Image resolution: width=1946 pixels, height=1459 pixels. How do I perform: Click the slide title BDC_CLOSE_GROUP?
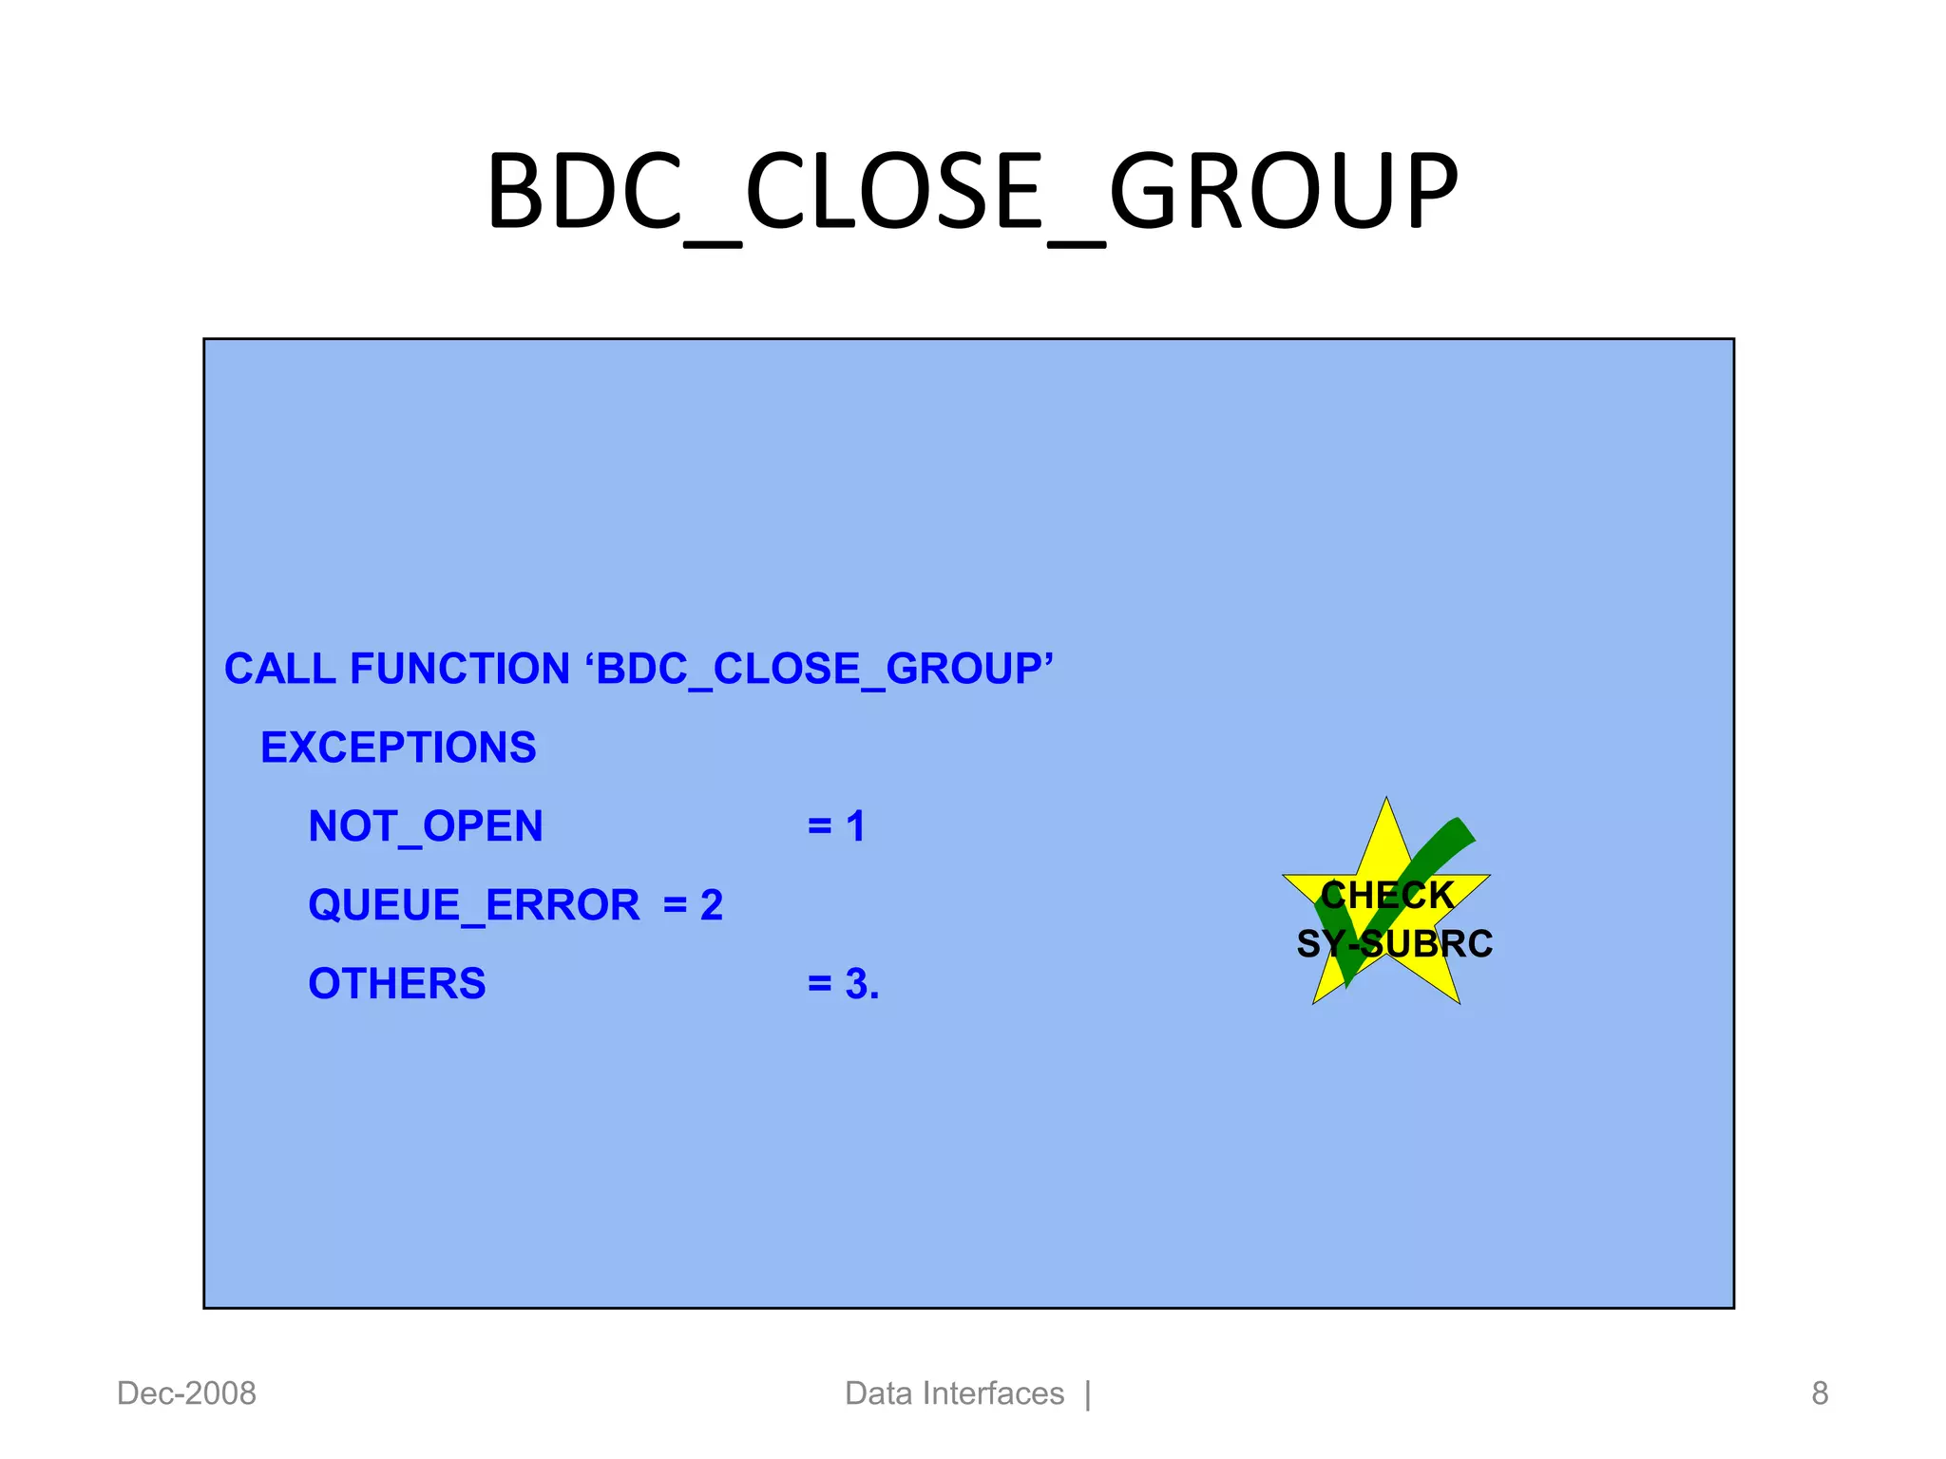coord(971,193)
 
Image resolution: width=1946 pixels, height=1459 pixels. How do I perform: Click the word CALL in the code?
coord(279,669)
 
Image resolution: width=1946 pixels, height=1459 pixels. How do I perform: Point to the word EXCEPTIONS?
coord(398,748)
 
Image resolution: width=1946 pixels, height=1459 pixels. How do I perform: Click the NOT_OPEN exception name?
coord(426,826)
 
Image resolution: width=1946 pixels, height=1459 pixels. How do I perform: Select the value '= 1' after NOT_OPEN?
coord(836,826)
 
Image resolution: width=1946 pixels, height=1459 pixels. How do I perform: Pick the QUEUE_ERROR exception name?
coord(474,905)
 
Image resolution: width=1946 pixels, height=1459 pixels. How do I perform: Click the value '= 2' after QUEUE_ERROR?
coord(693,905)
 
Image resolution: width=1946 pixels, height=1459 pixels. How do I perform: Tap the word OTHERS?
coord(397,984)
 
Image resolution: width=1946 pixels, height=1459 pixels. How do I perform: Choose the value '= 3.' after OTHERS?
coord(843,984)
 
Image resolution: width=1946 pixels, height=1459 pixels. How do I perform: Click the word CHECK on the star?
coord(1388,896)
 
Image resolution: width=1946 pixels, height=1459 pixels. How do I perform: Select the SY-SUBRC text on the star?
coord(1394,944)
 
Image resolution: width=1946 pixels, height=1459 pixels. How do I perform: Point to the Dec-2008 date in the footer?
coord(186,1393)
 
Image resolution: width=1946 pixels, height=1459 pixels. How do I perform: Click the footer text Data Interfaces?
coord(954,1393)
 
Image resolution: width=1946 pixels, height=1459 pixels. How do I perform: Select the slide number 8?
coord(1820,1393)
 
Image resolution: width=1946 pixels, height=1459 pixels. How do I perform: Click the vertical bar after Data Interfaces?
coord(1088,1394)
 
